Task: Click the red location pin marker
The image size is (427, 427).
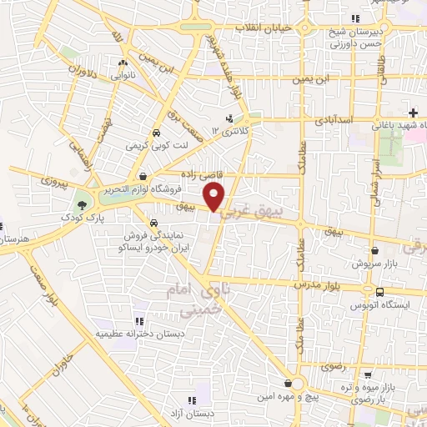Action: (215, 197)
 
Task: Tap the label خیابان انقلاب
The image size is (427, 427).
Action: (264, 28)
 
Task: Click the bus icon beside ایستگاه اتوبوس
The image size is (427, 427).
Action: (380, 292)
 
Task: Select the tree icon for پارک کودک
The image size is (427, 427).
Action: (82, 205)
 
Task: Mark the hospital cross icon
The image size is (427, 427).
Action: (414, 113)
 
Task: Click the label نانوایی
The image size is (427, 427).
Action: (123, 74)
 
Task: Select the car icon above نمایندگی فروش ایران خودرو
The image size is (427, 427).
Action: (153, 224)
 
